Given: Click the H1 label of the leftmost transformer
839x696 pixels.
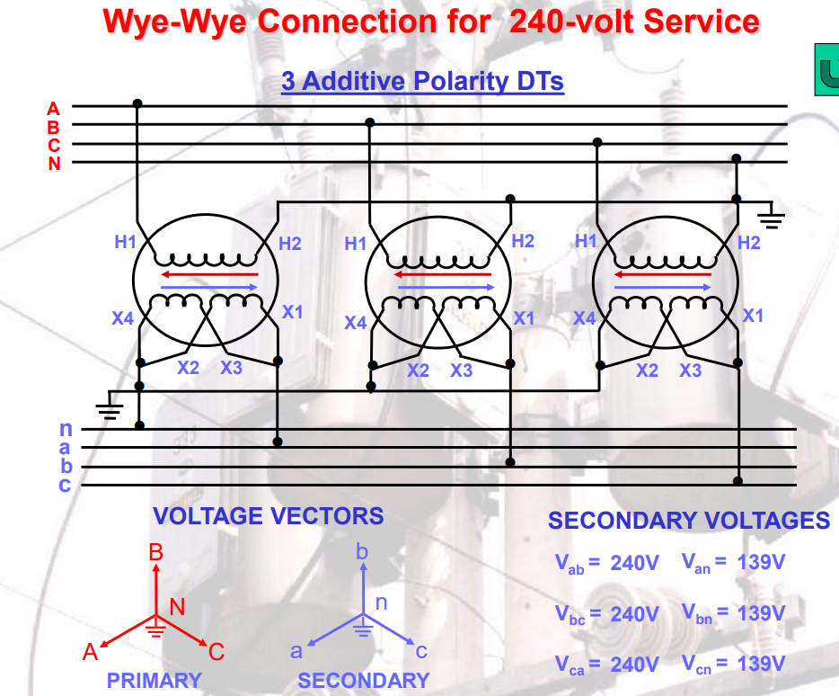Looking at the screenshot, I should coord(124,241).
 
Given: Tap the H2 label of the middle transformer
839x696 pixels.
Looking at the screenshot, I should coord(523,240).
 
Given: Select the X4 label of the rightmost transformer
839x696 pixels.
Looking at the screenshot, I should coord(585,318).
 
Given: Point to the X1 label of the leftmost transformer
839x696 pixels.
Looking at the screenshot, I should coord(293,312).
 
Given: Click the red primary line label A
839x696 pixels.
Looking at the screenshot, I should coord(54,109).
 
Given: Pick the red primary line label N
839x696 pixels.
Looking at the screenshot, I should coord(55,163).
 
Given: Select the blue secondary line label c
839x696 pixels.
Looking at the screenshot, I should coord(66,486).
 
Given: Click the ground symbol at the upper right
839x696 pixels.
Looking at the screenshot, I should coord(772,215).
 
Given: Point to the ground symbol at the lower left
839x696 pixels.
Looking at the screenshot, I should coord(110,410).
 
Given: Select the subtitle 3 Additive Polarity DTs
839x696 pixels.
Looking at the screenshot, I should coord(422,82).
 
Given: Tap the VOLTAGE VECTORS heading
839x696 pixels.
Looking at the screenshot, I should coord(268,516).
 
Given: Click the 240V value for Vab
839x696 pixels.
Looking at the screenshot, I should coord(634,564).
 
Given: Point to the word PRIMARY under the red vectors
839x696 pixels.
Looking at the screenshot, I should coord(155,680).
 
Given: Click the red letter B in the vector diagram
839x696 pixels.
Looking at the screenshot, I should coord(155,551).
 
